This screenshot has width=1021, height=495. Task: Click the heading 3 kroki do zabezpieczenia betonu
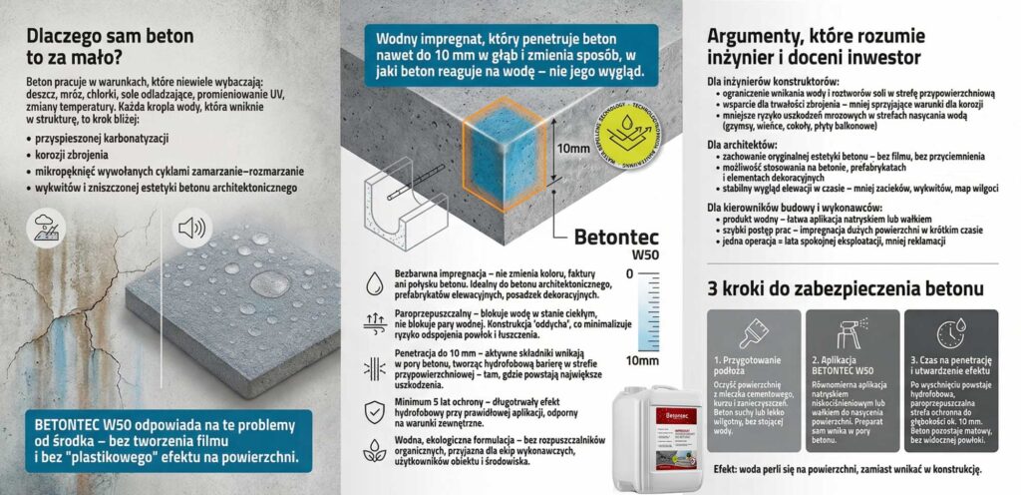[x=847, y=289]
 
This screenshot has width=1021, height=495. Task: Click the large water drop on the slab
[x=270, y=283]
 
